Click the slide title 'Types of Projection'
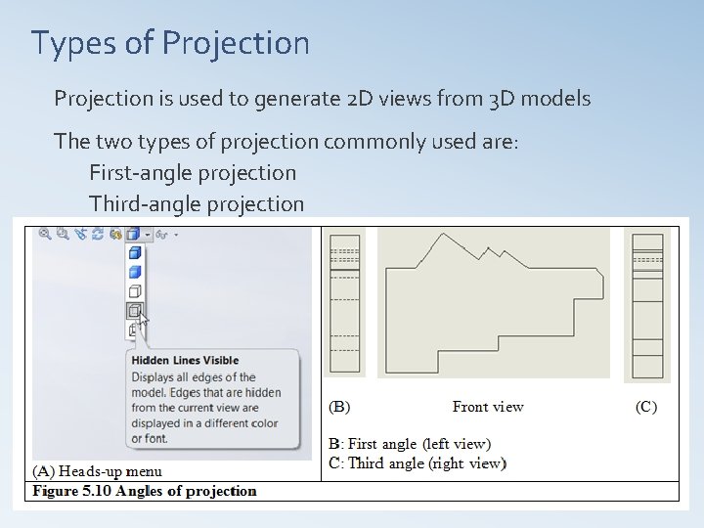(170, 43)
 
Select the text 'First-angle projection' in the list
(193, 173)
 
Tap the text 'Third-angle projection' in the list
(197, 203)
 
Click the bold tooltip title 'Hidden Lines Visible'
(185, 361)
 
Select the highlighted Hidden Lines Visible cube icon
(135, 311)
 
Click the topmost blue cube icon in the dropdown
(135, 252)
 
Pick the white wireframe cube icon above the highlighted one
(135, 291)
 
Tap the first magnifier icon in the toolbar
(45, 234)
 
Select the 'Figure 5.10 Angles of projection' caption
(145, 491)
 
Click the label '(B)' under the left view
(339, 407)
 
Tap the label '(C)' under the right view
(646, 407)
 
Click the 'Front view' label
(488, 407)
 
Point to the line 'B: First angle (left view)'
(410, 445)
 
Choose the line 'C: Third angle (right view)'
(417, 463)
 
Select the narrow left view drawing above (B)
(344, 303)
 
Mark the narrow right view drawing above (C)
(647, 303)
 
